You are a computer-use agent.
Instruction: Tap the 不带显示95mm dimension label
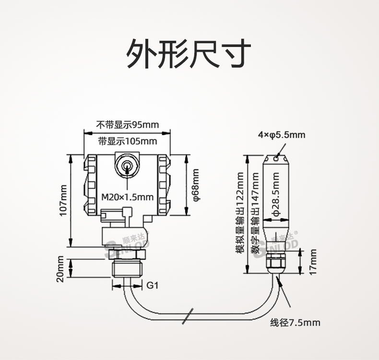coord(127,125)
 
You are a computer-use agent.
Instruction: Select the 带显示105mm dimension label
coord(127,141)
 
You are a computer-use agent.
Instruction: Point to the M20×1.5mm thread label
coord(128,197)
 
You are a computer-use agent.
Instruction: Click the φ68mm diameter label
coord(196,185)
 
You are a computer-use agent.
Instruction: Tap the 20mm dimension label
coord(60,269)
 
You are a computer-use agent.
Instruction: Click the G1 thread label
coord(152,286)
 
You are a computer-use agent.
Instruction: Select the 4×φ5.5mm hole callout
coord(282,135)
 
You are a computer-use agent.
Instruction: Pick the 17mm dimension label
coord(313,262)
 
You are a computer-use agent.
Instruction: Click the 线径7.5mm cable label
coord(295,323)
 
